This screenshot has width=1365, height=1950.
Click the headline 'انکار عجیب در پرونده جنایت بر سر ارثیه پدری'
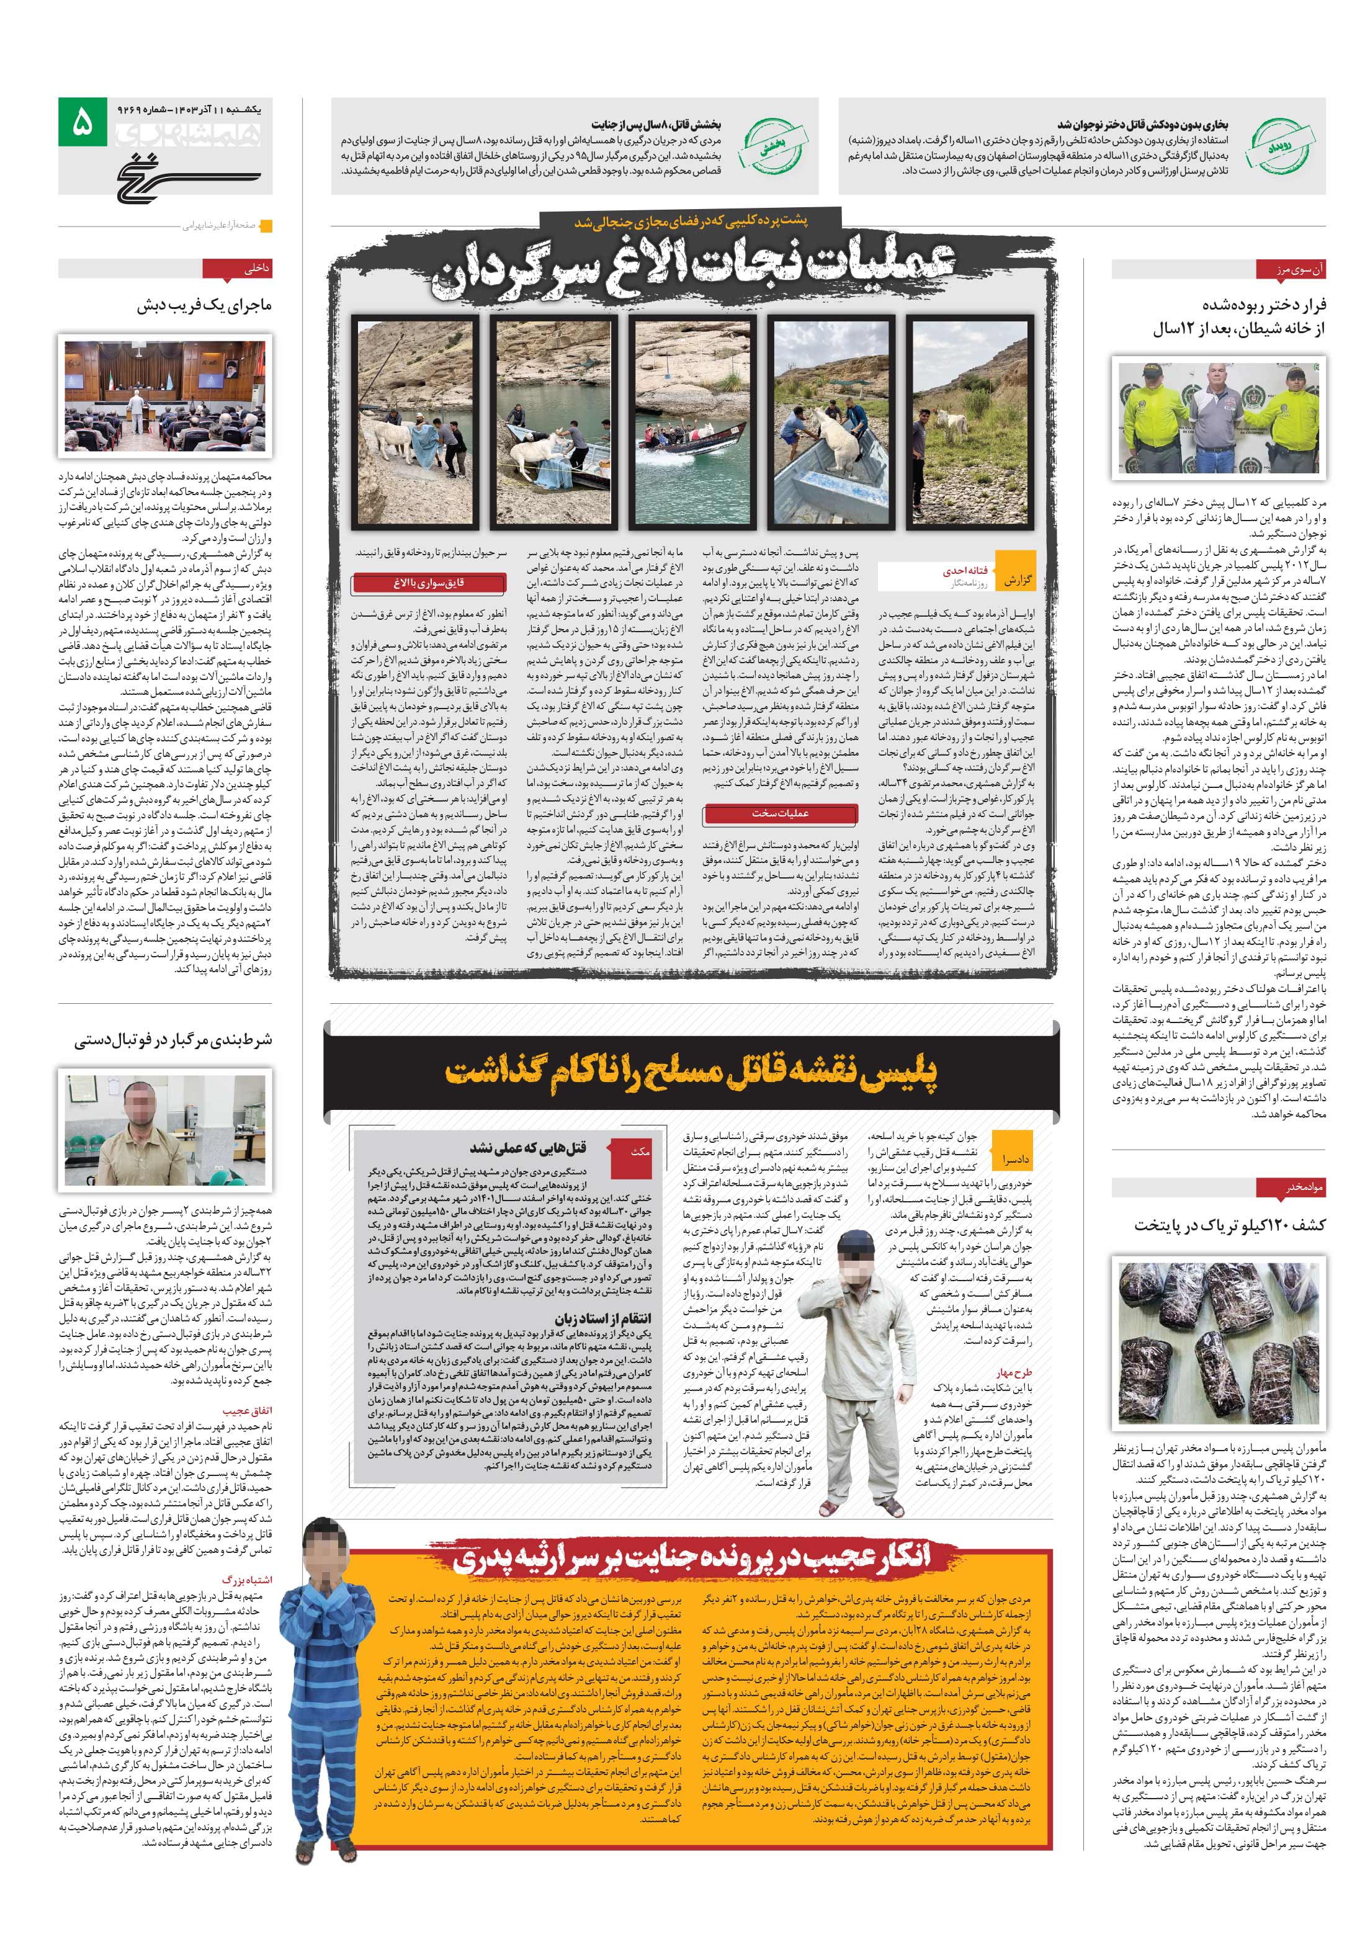(692, 1559)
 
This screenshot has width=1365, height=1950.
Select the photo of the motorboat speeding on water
(692, 422)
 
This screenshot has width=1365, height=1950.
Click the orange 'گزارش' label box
(1018, 581)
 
